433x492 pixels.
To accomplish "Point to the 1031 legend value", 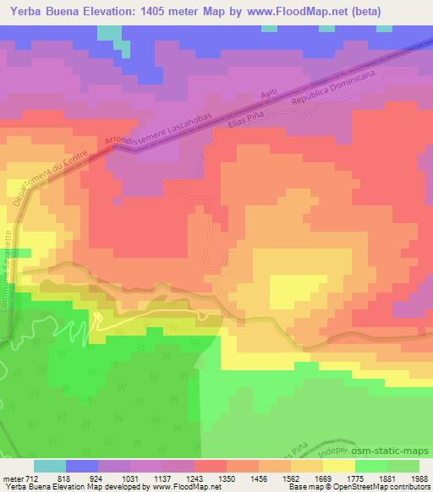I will pos(129,478).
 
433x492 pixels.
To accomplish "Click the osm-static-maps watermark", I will pos(397,451).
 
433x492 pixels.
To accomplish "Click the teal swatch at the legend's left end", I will pos(50,466).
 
